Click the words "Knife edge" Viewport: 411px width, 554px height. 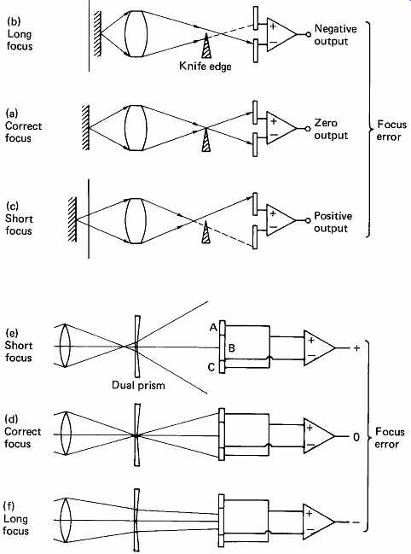[205, 66]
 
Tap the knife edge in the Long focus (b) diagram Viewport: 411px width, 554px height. [206, 46]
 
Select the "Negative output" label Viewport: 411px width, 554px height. [335, 35]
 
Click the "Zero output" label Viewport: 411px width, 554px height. [331, 129]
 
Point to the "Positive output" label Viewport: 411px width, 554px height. [333, 222]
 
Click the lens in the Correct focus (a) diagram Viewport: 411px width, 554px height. [136, 128]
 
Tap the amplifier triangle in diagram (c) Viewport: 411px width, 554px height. [281, 220]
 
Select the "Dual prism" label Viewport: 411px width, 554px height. [138, 385]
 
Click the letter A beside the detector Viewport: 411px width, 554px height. [213, 328]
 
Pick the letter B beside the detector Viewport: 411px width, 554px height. [231, 348]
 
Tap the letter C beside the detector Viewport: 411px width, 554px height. [211, 367]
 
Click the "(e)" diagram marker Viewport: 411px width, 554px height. [12, 333]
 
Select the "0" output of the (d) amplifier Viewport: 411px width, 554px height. [356, 437]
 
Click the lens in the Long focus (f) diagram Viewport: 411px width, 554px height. [66, 520]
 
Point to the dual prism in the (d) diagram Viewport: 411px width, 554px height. [137, 435]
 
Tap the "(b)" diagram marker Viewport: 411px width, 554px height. [14, 21]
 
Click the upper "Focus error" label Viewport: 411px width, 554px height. [391, 131]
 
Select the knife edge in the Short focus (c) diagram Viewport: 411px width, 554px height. [206, 232]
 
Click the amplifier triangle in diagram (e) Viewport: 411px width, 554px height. [319, 348]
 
